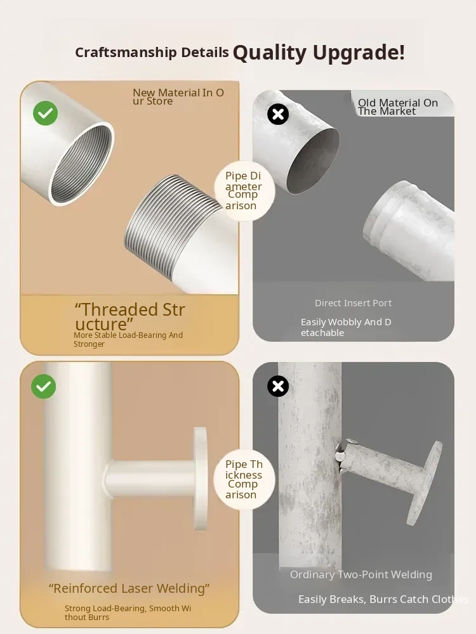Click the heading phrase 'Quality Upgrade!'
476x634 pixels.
[319, 53]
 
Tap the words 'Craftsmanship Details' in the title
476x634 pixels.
[152, 53]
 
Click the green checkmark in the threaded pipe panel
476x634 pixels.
[45, 113]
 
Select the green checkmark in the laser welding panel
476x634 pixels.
[43, 387]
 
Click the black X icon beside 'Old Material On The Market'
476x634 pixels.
[278, 114]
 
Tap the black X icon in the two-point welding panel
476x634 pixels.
[278, 386]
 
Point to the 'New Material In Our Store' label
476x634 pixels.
[178, 97]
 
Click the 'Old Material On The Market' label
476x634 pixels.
[398, 107]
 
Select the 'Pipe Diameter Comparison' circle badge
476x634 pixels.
[244, 190]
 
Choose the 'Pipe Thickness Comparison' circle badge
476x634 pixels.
[244, 479]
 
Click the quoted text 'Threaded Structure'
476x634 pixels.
[130, 316]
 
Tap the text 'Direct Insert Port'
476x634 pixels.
[354, 303]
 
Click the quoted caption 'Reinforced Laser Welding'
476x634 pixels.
[129, 588]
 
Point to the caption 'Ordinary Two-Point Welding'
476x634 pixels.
[361, 574]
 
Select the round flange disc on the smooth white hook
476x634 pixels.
[200, 478]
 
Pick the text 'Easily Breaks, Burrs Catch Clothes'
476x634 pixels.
[383, 599]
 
